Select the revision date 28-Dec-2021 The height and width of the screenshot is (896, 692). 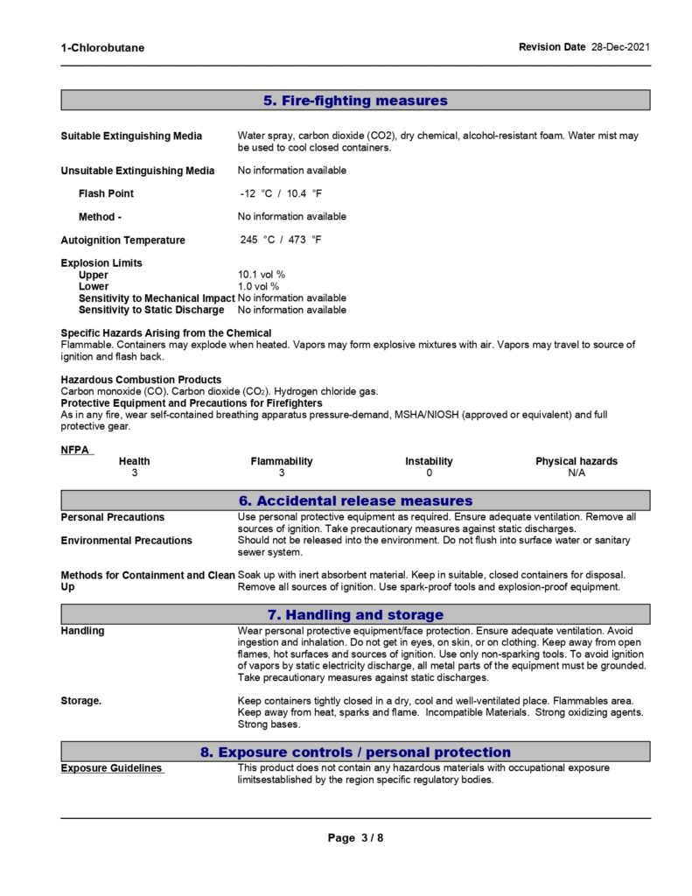pos(620,46)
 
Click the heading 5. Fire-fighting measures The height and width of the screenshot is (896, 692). pos(355,101)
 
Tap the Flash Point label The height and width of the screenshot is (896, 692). pos(106,193)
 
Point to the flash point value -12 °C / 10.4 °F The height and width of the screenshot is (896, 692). pos(281,193)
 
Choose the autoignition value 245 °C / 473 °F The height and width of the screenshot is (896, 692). pos(281,240)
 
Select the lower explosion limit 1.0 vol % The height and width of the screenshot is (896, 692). pos(259,286)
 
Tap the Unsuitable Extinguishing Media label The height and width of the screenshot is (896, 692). pos(137,170)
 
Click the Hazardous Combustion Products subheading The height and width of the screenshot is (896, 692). pos(141,379)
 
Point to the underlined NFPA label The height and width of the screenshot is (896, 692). pos(75,450)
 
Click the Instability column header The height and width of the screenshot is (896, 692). pos(429,461)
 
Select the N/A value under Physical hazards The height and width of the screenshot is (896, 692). pos(577,472)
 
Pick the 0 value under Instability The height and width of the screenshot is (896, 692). pos(429,472)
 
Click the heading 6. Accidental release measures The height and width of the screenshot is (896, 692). pos(355,500)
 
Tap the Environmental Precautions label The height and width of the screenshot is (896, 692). pos(126,541)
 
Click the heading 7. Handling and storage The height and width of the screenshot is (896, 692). pos(355,614)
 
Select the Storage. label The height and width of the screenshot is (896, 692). pos(82,700)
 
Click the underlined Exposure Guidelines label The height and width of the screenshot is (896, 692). pos(111,768)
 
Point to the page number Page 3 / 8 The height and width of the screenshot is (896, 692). pos(356,837)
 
